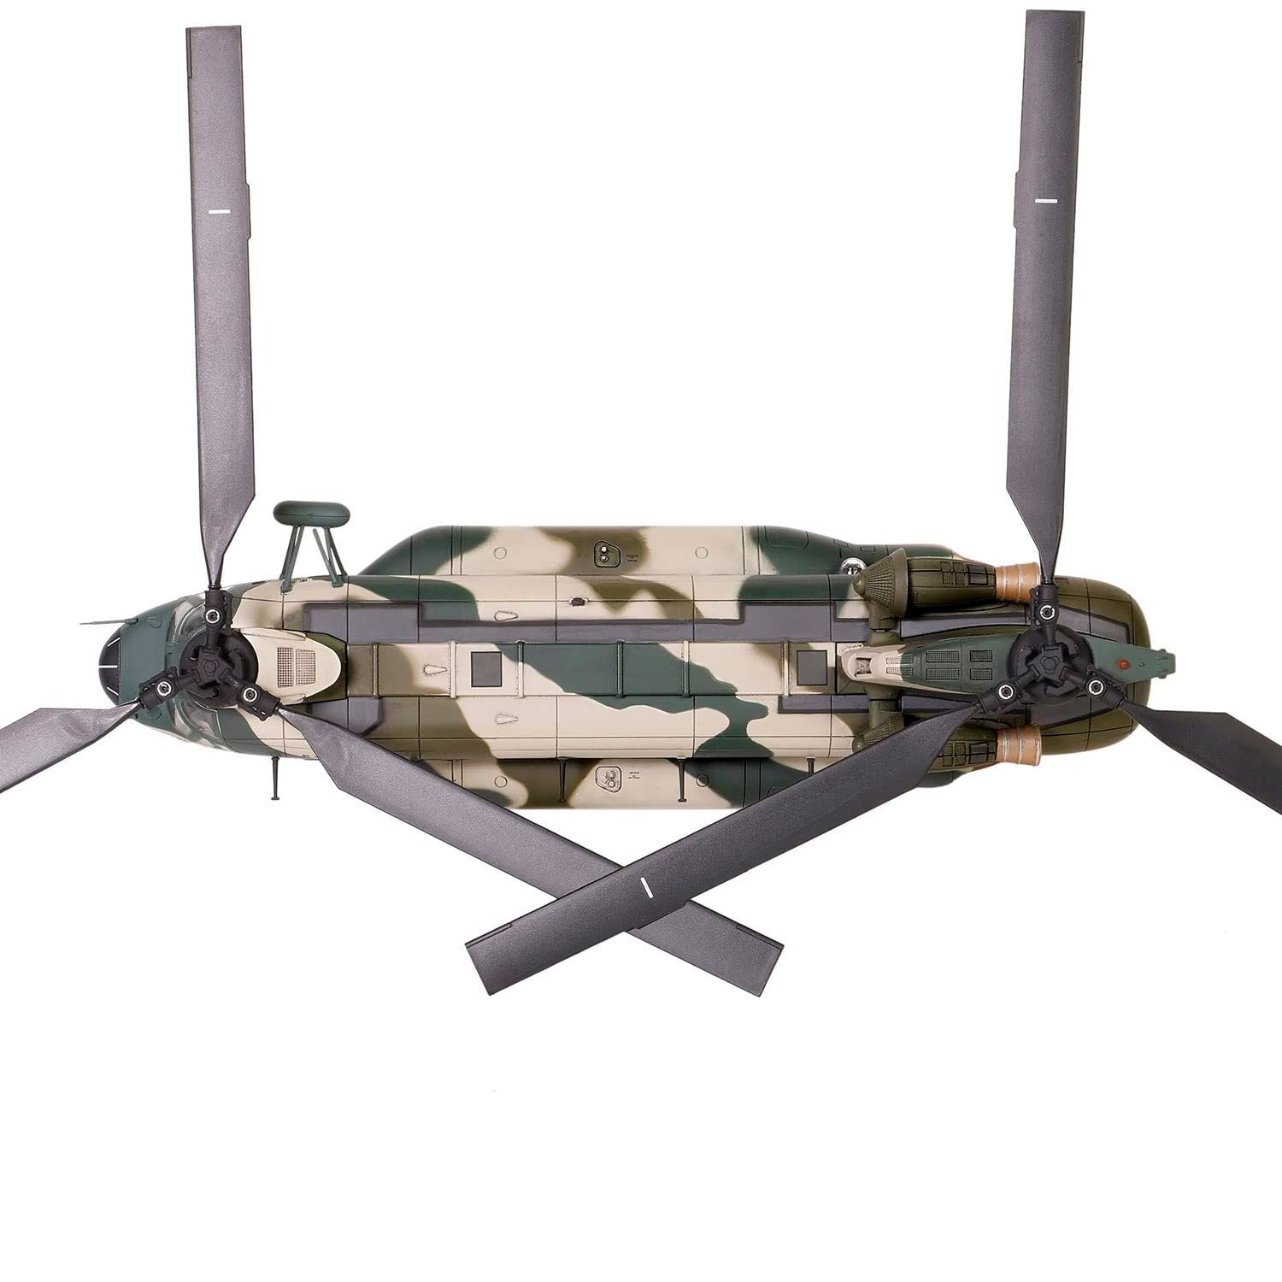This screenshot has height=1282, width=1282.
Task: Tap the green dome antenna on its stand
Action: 310,514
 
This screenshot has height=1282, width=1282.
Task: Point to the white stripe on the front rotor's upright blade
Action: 220,209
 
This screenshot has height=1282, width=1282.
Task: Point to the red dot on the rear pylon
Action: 1126,662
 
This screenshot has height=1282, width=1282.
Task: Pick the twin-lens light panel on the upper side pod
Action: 606,554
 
